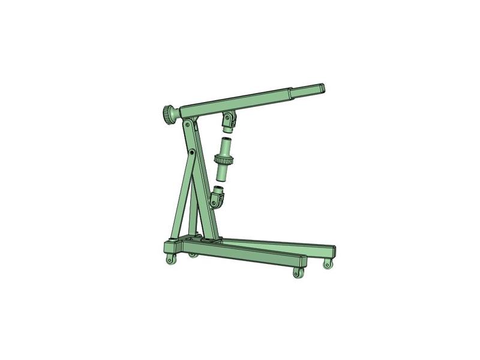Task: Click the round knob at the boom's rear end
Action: point(167,113)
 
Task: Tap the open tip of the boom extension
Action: point(323,88)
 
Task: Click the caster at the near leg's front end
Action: point(298,272)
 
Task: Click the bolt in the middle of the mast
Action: point(191,154)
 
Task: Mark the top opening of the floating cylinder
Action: point(226,140)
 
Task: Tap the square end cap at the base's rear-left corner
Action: point(170,247)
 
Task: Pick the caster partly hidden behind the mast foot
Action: point(193,255)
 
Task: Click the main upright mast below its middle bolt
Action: point(205,198)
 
